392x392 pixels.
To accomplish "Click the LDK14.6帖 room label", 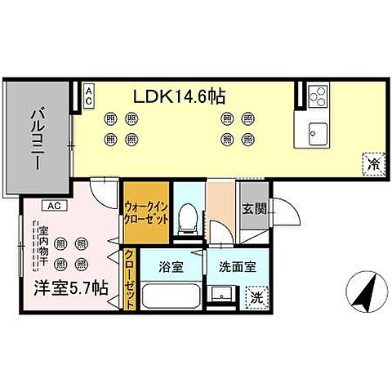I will coord(180,96).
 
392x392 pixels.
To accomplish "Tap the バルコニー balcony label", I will coord(38,138).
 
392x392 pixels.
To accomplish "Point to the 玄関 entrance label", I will coord(254,208).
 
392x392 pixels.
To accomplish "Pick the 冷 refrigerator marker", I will coord(372,163).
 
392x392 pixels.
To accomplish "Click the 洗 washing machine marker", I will coord(256,298).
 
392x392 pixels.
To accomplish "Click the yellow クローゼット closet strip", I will coord(129,278).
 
